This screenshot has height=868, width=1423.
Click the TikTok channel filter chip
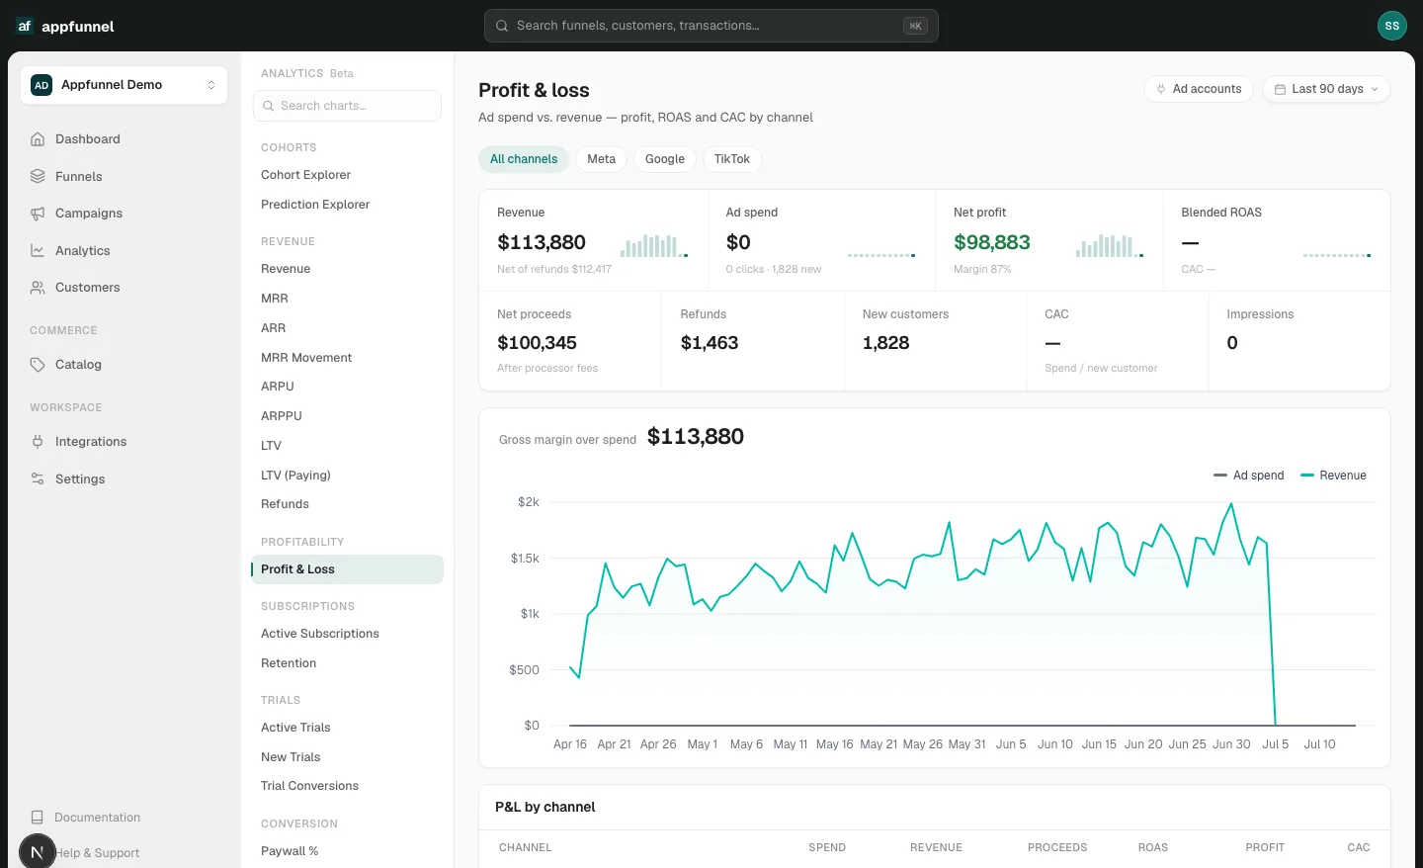732,159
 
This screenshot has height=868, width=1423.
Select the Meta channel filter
601,159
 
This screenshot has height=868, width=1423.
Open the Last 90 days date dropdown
1326,89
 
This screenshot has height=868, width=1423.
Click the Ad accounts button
1198,89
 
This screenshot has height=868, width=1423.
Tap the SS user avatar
1391,26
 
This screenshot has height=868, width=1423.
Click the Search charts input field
347,106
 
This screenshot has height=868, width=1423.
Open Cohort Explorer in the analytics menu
305,175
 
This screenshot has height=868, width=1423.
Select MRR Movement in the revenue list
306,358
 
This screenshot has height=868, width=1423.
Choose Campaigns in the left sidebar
88,213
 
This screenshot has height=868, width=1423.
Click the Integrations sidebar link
90,442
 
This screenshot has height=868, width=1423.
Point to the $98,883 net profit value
992,242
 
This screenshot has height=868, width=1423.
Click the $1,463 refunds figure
709,343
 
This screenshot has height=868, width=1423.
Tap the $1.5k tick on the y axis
525,558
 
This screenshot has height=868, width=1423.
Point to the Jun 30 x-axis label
1231,744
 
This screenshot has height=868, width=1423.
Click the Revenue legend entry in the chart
1333,476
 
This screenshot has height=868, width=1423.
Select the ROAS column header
1152,847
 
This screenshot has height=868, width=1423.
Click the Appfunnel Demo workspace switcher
124,85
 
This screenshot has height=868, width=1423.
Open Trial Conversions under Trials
309,786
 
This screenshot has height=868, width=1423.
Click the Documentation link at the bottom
97,818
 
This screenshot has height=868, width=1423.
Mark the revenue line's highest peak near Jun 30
1231,504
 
